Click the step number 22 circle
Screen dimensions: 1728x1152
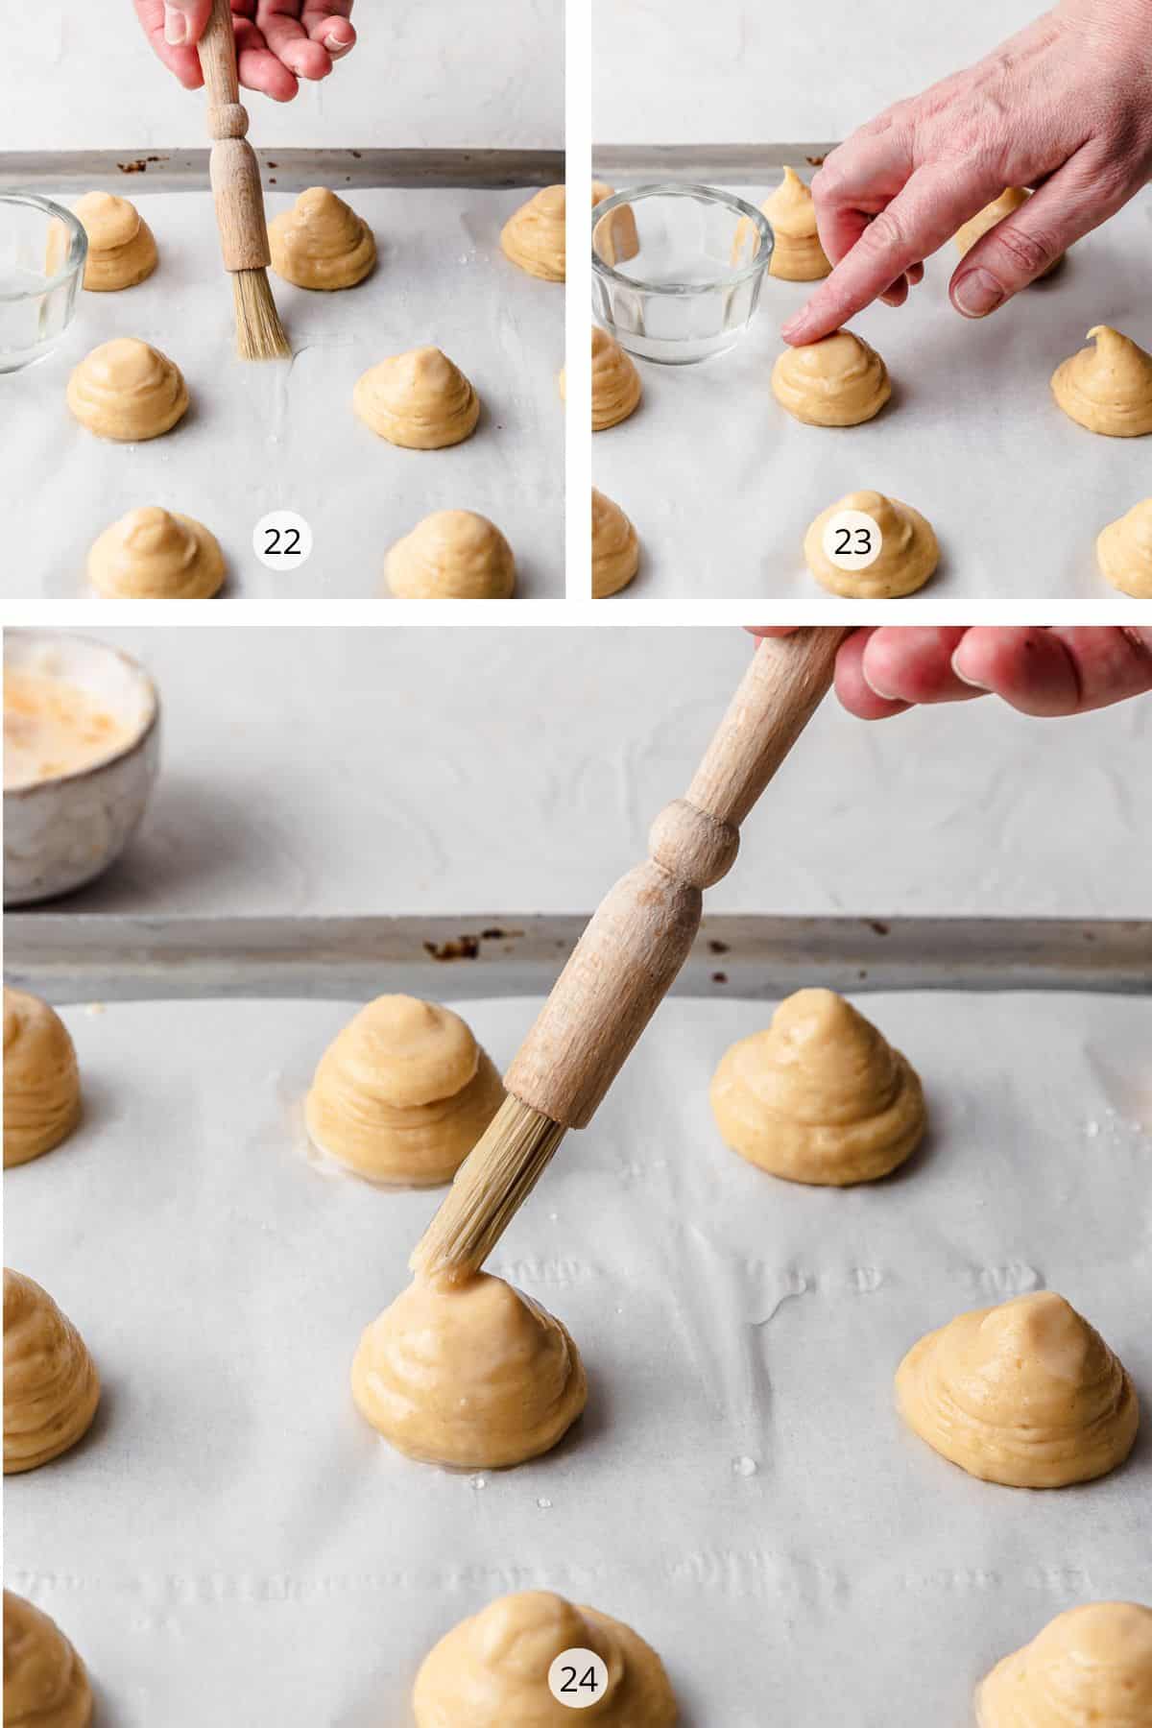(x=282, y=541)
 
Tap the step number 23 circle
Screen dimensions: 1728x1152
(x=852, y=541)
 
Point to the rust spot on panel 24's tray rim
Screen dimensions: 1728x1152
(x=452, y=949)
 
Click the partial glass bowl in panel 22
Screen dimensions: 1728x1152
(x=38, y=278)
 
